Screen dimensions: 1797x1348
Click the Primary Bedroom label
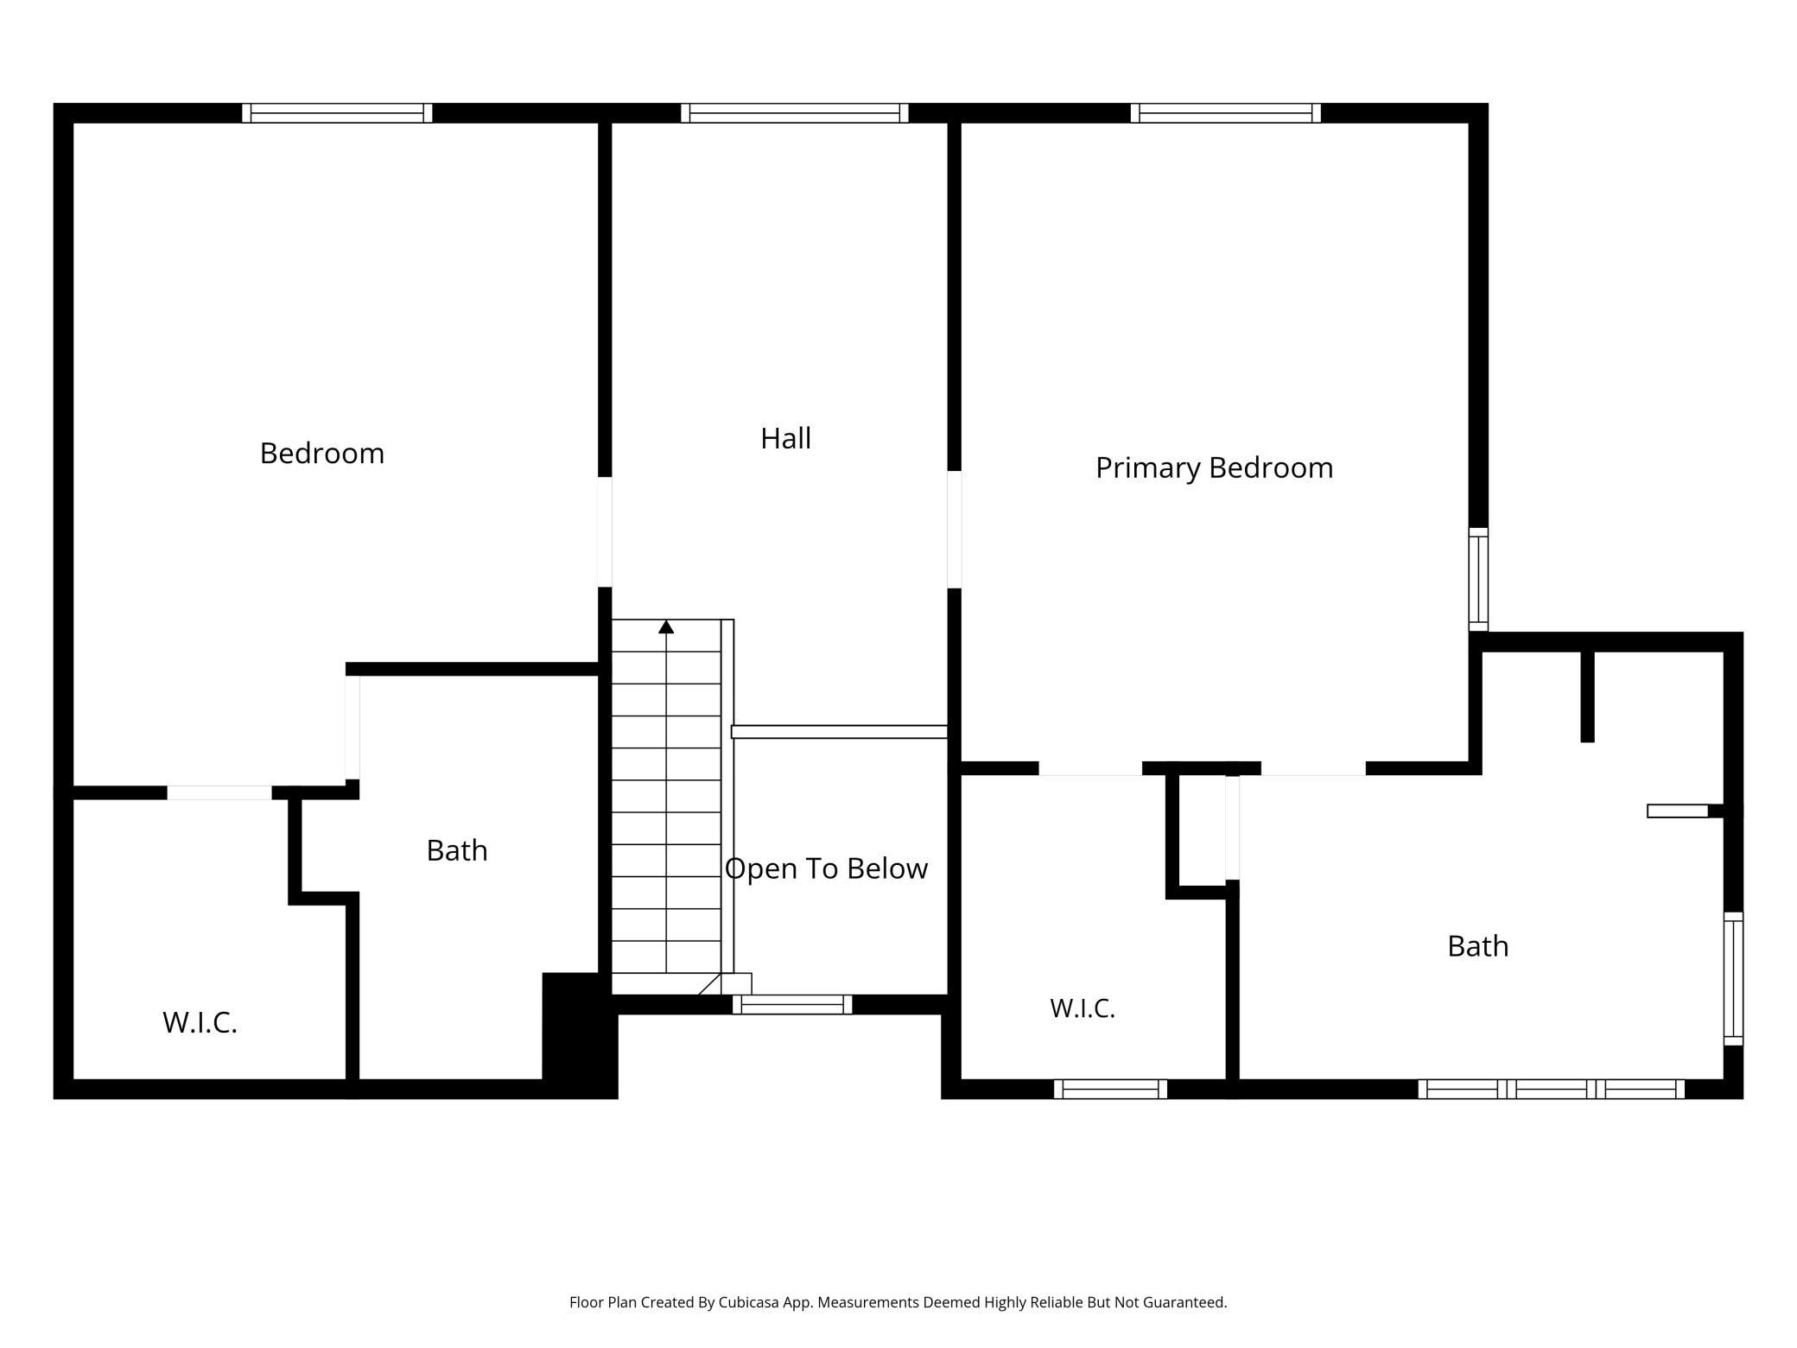point(1214,467)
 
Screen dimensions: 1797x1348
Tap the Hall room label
point(785,438)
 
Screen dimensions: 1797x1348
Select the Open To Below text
point(826,868)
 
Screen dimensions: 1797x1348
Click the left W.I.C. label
point(200,1022)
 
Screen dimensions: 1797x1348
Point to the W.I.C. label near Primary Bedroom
point(1083,1008)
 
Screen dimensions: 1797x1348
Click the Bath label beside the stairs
point(457,850)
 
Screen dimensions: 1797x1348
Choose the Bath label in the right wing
point(1478,946)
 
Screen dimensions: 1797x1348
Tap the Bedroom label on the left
point(322,453)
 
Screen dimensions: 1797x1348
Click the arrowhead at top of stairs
point(666,626)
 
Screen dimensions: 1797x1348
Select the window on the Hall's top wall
point(795,113)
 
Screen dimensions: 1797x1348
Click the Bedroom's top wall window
point(337,113)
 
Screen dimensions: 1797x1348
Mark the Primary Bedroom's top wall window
point(1226,113)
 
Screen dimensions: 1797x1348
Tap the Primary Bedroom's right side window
point(1479,579)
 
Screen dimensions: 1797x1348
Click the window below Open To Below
point(792,1004)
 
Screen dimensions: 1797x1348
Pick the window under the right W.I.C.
point(1110,1089)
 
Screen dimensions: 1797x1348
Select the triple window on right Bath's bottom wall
point(1552,1089)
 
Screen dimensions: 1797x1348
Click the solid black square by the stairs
point(580,1035)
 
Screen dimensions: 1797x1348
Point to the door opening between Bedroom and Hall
point(605,531)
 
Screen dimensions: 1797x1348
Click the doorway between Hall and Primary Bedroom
point(955,530)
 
